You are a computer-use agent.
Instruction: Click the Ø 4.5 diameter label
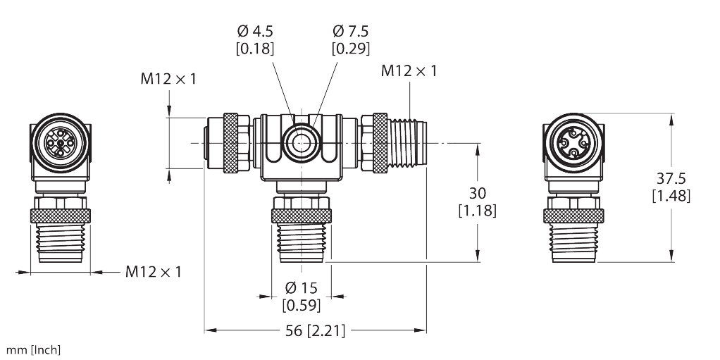coord(256,31)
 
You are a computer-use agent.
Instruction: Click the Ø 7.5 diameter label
coord(350,31)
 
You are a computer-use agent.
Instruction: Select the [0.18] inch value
coord(256,49)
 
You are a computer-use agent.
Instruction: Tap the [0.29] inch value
coord(350,49)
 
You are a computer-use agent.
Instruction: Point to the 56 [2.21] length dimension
coord(315,330)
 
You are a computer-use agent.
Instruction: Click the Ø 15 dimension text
coord(302,288)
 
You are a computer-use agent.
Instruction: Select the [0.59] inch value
coord(302,305)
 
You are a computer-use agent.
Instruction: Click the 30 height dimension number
coord(477,193)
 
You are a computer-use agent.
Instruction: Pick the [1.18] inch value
coord(477,210)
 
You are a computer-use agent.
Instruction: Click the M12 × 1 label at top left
coord(168,80)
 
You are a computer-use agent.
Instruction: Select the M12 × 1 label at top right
coord(409,70)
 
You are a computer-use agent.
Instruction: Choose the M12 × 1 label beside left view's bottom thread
coord(153,271)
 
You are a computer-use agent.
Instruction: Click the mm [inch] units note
coord(34,350)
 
